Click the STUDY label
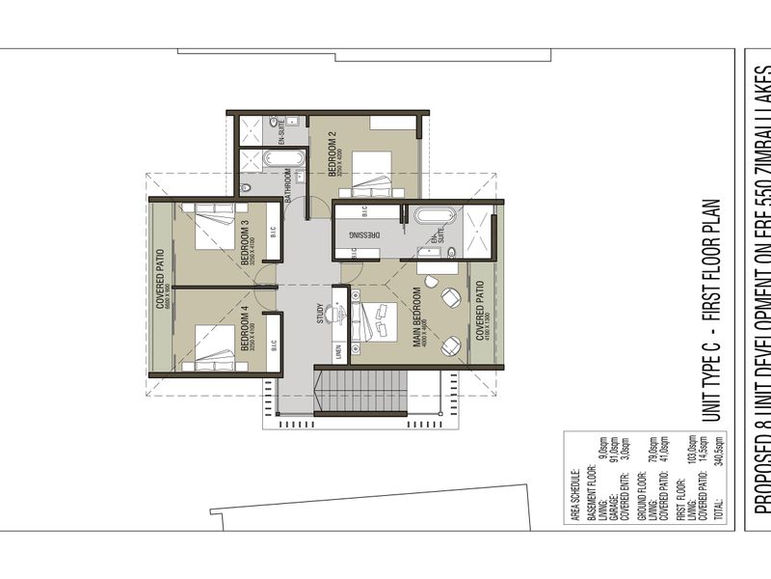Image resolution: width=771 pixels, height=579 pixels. pos(320,315)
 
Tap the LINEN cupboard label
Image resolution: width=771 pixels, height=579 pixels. pos(338,353)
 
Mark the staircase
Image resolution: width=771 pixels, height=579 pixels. pos(360,390)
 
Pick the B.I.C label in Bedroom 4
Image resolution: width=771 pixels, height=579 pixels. pos(273,345)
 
